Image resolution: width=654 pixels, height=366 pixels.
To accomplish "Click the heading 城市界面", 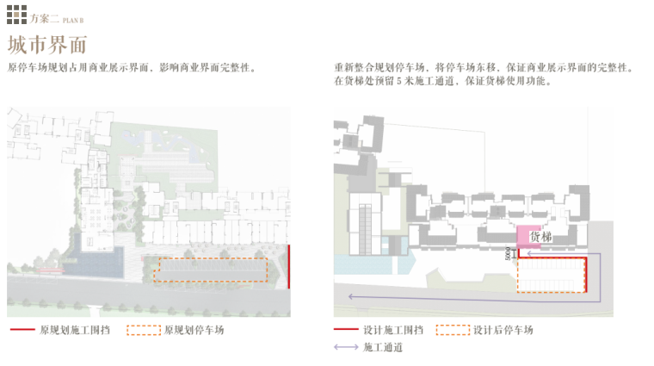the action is pos(46,44).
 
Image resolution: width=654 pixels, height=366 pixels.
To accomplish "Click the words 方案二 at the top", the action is pos(44,17).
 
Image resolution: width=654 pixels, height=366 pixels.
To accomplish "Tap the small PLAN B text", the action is pos(74,19).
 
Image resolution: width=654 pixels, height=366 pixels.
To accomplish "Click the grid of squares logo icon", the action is pos(17,15).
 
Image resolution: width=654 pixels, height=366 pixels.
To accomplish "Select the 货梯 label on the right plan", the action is pos(540,236).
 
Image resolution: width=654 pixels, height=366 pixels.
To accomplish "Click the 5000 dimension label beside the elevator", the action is pos(509,253).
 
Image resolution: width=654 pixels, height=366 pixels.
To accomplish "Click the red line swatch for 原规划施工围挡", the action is pos(22,330).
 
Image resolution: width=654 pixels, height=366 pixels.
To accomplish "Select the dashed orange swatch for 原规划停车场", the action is pos(144,330).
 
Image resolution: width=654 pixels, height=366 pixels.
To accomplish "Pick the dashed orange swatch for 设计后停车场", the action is pos(453,330).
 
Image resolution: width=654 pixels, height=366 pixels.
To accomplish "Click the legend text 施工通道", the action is pos(383,347).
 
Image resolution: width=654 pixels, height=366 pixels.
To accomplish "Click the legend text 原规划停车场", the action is pos(194,330).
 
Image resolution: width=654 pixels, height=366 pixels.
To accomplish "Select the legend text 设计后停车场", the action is pos(503,330).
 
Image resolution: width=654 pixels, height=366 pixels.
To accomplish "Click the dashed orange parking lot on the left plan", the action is pos(210,270).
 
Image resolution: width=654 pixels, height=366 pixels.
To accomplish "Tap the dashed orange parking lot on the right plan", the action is pos(551,275).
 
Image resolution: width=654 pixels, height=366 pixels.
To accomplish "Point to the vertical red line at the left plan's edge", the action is pos(289,267).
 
